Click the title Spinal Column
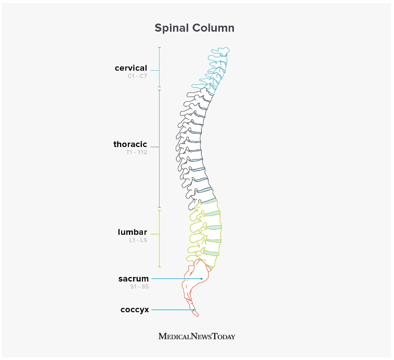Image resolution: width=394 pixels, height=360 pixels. (194, 28)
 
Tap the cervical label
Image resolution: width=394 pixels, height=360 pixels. (131, 68)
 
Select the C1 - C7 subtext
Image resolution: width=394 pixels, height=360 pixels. (137, 76)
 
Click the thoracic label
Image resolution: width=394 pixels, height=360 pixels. (130, 144)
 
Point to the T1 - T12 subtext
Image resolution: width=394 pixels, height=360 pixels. (136, 153)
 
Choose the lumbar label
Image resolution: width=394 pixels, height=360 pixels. (132, 232)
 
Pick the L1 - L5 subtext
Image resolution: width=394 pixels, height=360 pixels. (138, 240)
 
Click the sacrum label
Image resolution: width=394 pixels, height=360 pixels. (133, 279)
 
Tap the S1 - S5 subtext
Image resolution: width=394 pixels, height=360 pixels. (139, 287)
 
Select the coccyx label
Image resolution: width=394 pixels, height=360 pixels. (135, 310)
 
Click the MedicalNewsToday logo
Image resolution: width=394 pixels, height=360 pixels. (196, 336)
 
